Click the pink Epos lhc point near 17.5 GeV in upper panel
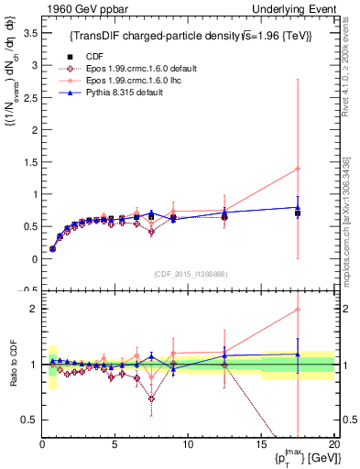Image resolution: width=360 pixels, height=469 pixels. coord(297,169)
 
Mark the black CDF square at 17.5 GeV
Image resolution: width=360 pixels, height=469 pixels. coord(297,213)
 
